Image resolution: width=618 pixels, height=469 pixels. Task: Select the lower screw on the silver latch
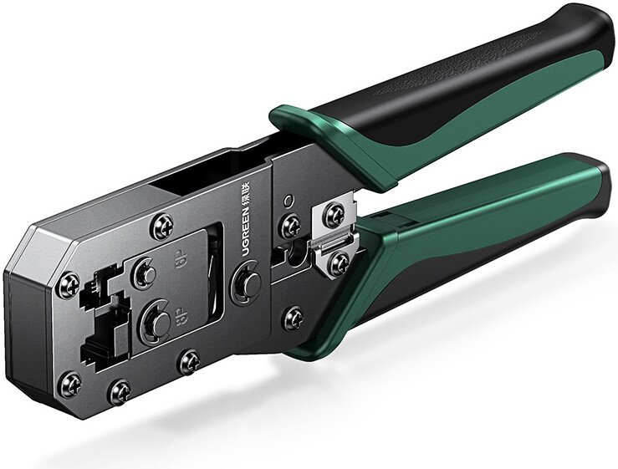click(x=339, y=263)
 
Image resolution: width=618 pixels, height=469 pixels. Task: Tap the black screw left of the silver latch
click(x=290, y=226)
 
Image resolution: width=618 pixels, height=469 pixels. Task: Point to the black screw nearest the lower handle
click(x=292, y=317)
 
